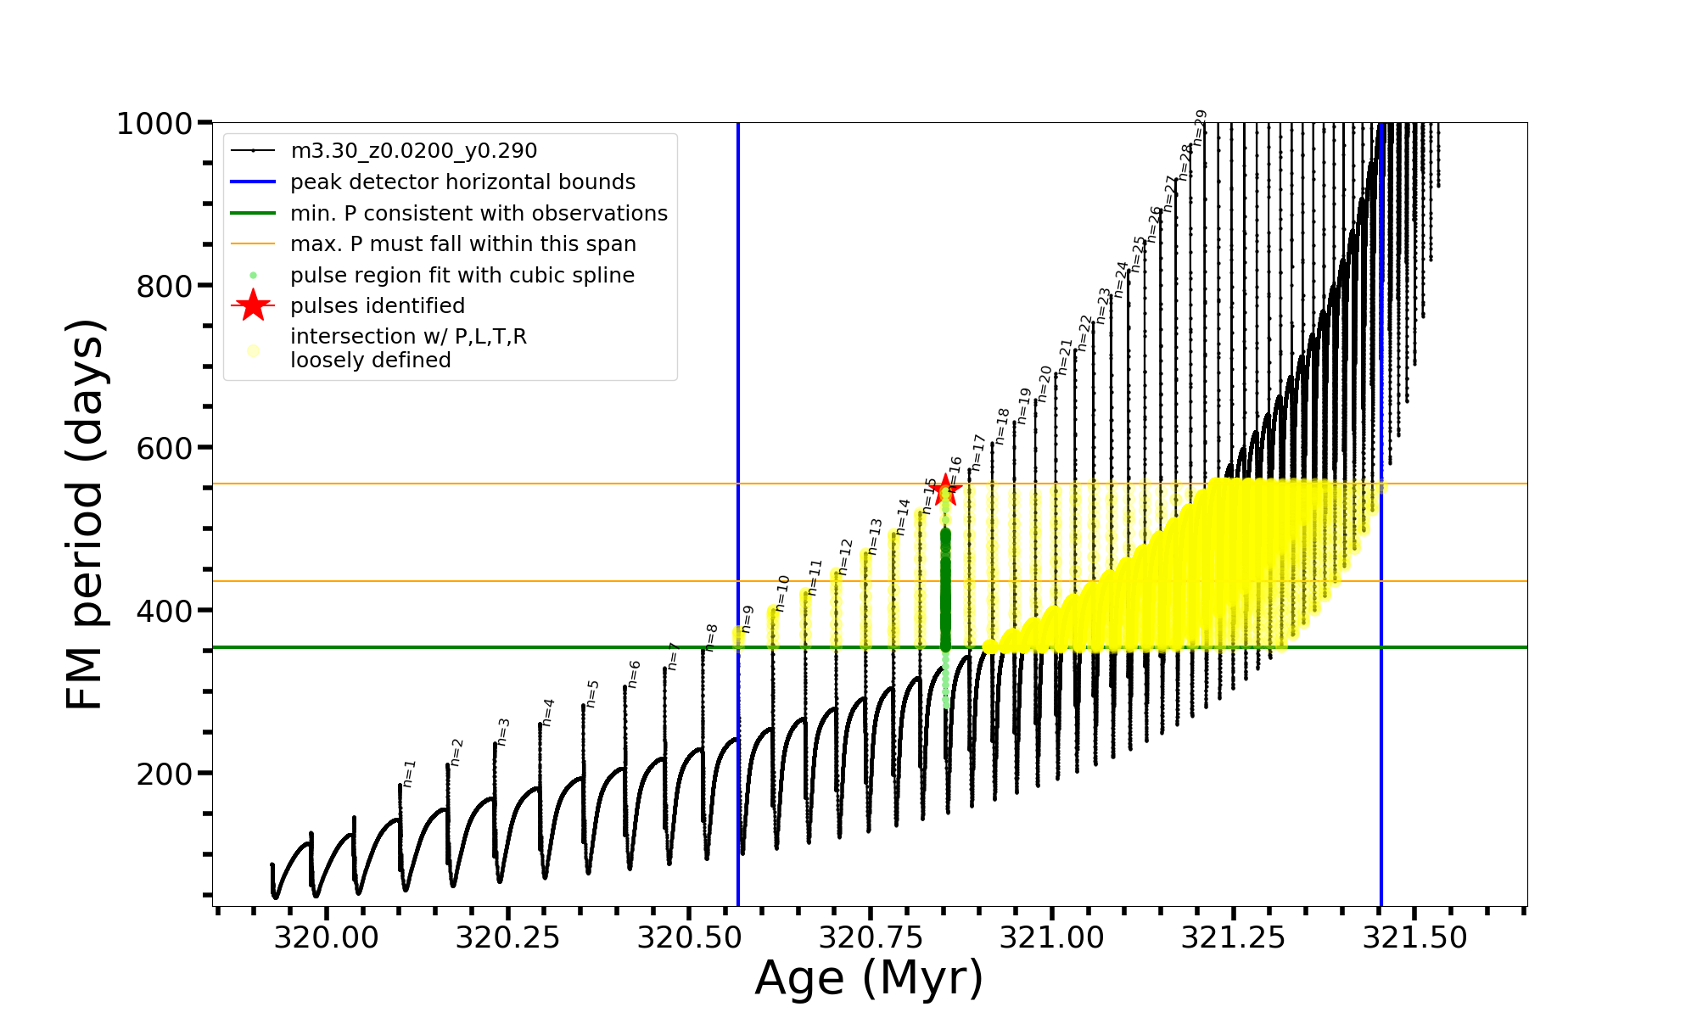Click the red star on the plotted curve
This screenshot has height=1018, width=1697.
click(945, 489)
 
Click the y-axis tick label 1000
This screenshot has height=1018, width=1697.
click(154, 124)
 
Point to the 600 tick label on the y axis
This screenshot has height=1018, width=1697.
click(165, 448)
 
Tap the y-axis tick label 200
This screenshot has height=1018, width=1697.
click(165, 774)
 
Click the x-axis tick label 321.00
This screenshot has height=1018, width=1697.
click(1052, 937)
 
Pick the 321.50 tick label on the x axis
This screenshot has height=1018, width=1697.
click(1414, 937)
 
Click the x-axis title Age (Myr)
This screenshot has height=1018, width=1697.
click(869, 978)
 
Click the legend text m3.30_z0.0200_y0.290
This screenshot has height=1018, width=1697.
click(413, 151)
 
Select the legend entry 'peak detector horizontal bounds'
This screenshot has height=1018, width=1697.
click(462, 182)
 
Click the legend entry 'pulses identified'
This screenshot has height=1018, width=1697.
click(378, 306)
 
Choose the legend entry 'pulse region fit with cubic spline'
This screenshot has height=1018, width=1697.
click(462, 276)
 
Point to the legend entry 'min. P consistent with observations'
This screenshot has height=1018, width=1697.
click(479, 214)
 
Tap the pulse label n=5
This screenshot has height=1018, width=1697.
click(592, 693)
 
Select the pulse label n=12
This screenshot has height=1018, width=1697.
click(845, 557)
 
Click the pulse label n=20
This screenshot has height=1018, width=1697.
click(1045, 383)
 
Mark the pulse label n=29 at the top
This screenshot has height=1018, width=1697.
click(1200, 126)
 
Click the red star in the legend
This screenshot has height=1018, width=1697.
click(253, 305)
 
